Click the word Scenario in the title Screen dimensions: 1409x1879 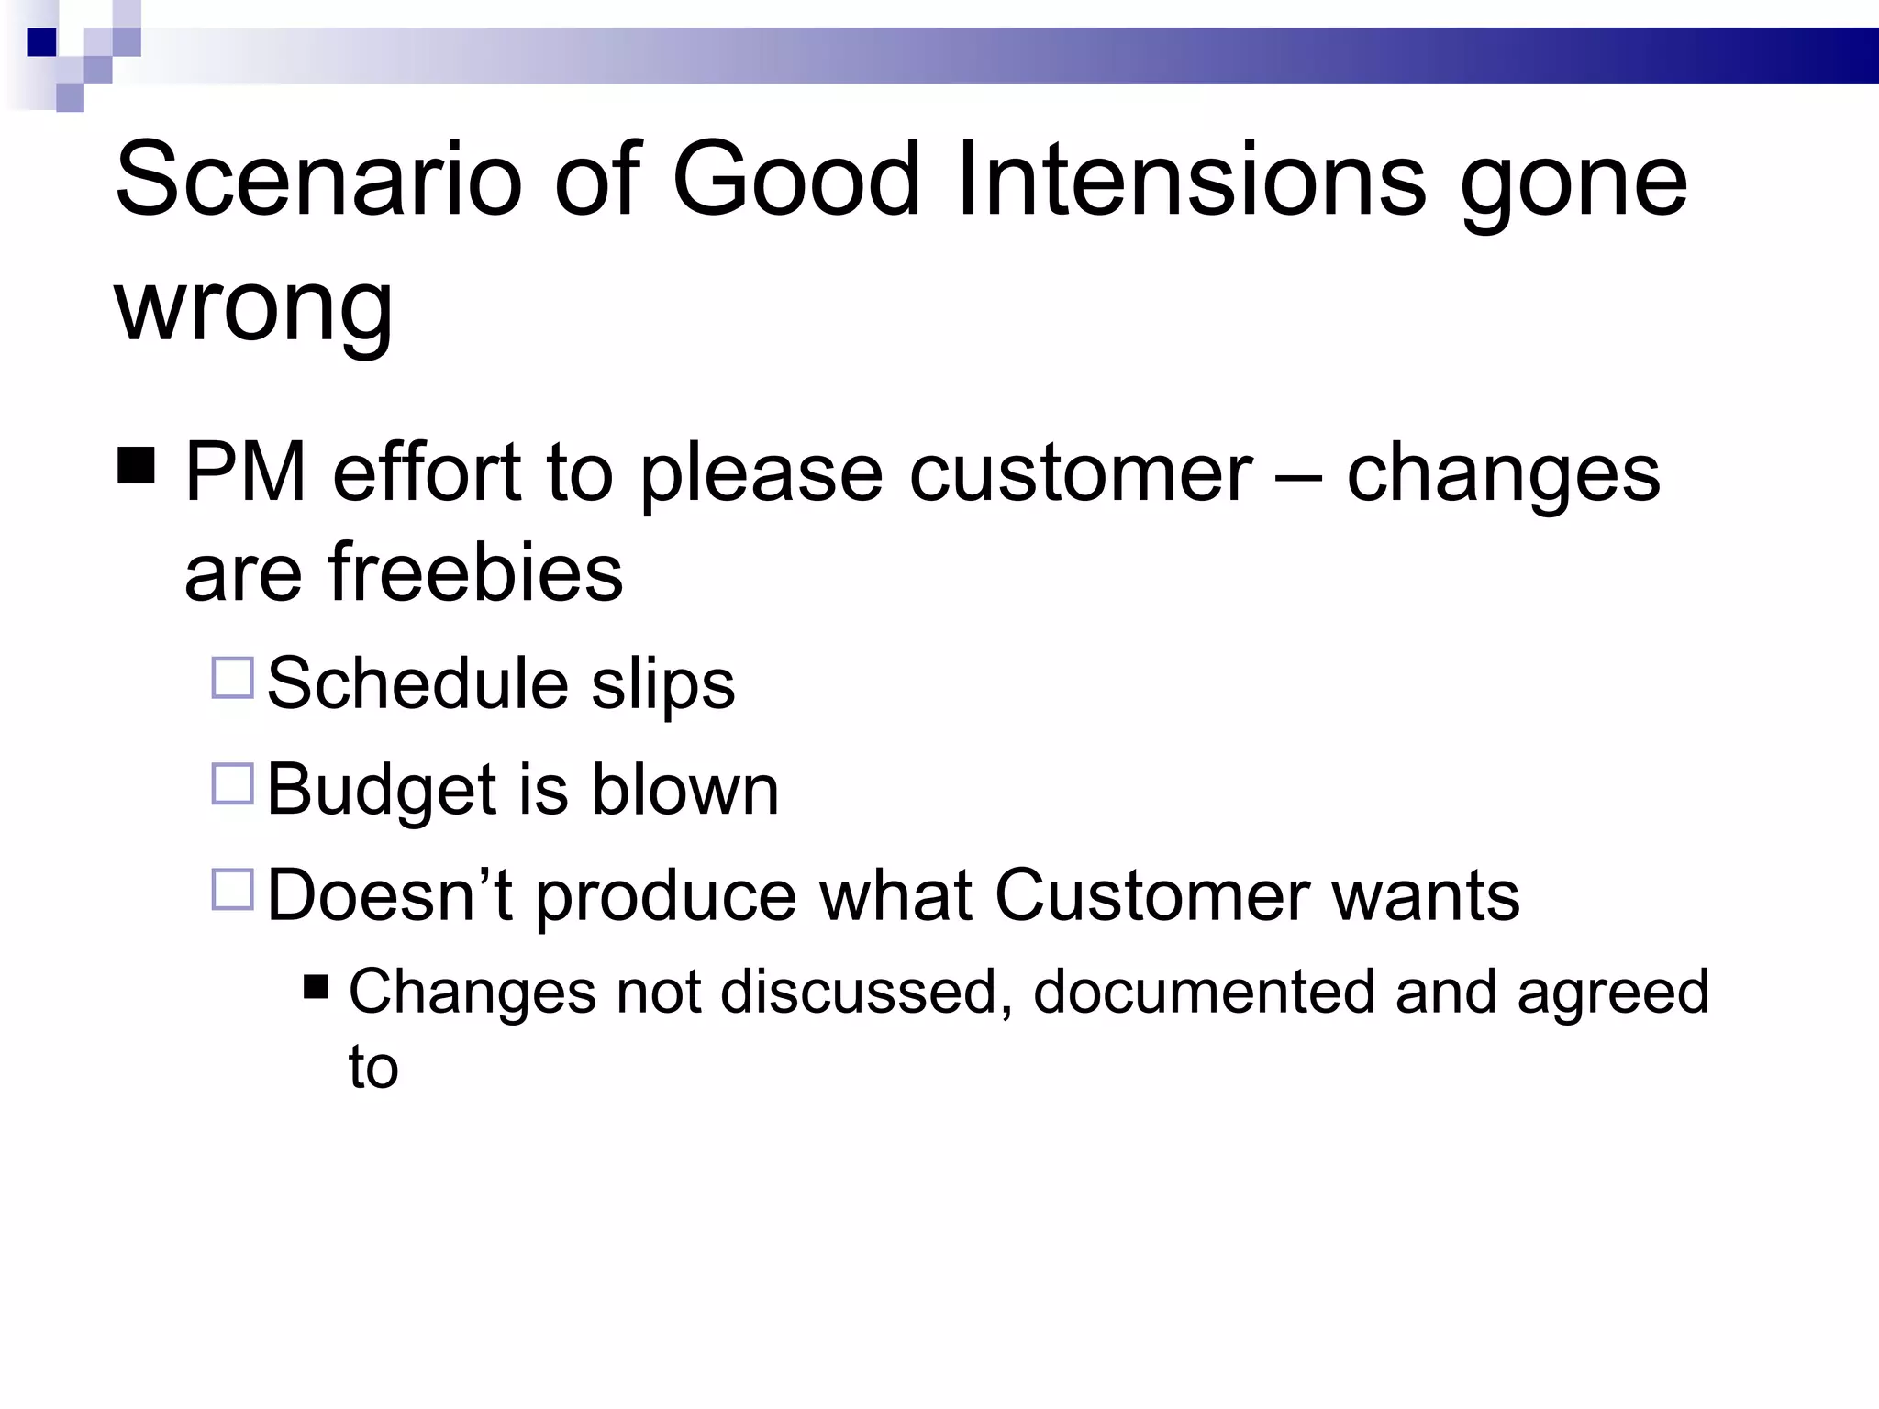317,179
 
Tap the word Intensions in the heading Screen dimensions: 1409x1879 1191,179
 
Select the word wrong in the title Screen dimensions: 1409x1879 253,305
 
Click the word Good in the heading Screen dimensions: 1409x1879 795,179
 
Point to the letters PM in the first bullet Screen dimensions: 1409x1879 245,472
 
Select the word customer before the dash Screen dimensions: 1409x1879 1080,472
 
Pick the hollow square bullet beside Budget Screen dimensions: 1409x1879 232,784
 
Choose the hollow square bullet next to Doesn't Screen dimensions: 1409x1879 232,890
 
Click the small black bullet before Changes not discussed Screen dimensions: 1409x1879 316,988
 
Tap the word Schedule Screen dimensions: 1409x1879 417,684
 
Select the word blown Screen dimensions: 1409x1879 684,790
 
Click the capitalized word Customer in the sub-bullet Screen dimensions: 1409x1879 1151,895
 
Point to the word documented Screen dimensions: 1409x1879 1203,993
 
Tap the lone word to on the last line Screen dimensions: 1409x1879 372,1068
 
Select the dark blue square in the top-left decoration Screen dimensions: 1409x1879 41,42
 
